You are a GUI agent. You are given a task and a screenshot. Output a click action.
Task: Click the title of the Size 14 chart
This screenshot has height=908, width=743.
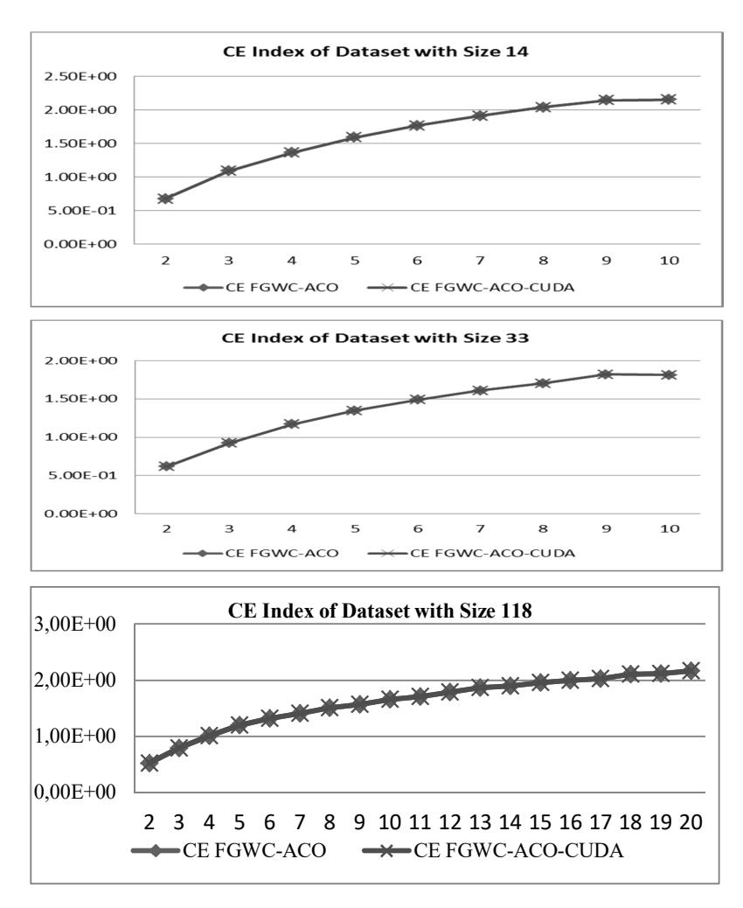(376, 52)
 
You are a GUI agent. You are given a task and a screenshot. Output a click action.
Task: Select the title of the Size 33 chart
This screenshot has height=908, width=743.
(376, 339)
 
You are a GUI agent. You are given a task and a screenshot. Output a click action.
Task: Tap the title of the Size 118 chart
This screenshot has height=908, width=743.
(379, 611)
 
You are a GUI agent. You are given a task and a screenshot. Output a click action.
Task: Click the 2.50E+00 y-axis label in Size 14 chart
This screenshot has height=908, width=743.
(80, 76)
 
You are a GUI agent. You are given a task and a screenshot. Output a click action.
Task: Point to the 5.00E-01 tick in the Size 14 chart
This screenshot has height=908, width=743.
(81, 211)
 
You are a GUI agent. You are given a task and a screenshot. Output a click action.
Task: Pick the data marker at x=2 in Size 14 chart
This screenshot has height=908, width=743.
(165, 199)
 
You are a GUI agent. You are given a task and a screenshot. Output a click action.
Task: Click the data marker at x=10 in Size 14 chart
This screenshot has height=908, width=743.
(669, 100)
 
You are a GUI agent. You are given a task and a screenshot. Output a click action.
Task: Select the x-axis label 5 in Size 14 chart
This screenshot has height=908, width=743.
(354, 261)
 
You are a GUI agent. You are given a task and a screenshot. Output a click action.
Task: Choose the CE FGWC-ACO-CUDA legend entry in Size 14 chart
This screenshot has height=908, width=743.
(471, 287)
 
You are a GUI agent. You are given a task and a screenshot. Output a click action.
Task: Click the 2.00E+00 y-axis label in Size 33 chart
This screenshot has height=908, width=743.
(80, 360)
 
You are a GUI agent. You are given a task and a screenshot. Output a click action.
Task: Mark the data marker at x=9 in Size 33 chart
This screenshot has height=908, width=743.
(606, 374)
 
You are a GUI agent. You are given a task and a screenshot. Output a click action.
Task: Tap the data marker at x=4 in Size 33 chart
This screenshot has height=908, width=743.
(292, 424)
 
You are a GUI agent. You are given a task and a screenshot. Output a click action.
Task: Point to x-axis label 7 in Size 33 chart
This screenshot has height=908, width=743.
(480, 528)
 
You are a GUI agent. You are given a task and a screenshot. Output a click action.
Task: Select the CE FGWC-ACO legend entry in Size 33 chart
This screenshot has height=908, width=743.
(260, 553)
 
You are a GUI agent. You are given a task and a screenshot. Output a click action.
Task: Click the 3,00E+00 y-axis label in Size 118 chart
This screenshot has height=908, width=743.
(75, 625)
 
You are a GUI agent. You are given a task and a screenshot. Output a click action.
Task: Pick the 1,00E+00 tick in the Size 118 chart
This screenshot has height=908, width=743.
(75, 736)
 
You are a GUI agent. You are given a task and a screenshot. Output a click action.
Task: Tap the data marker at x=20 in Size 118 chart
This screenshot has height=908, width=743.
(691, 670)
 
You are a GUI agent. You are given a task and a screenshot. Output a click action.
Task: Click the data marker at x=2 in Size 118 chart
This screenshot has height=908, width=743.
(149, 764)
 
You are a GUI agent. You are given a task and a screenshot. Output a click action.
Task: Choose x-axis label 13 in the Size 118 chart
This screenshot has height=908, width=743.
(480, 821)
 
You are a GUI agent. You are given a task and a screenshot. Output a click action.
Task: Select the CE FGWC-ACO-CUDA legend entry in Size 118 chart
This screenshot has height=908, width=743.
(494, 850)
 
